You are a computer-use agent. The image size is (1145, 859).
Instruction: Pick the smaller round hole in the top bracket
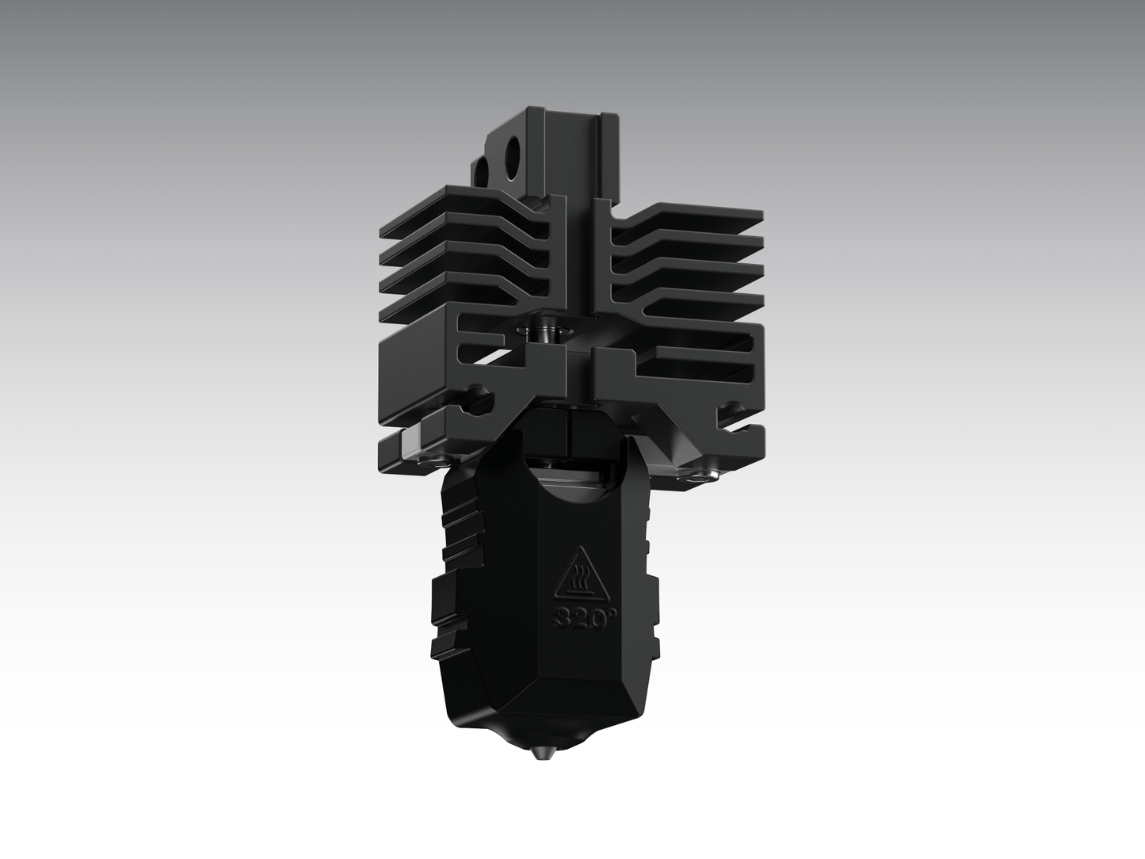[482, 170]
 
